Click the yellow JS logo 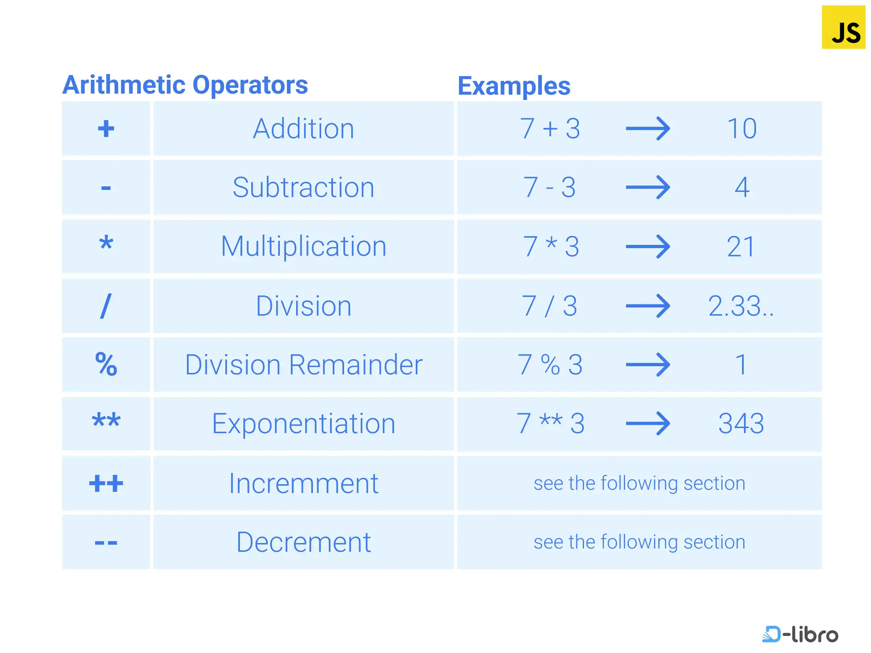[843, 27]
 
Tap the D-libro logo [800, 634]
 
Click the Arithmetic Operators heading [185, 85]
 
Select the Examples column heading [514, 86]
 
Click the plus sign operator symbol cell [106, 128]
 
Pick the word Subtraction [303, 187]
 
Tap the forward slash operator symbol [106, 306]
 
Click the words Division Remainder [304, 365]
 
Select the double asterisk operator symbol [106, 420]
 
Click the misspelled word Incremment [304, 483]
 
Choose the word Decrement [304, 542]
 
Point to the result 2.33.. [741, 306]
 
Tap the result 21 [741, 247]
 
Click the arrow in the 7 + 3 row [648, 128]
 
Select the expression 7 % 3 [550, 365]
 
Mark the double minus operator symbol [106, 543]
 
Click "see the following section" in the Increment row [639, 483]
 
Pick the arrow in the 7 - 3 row [648, 187]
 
